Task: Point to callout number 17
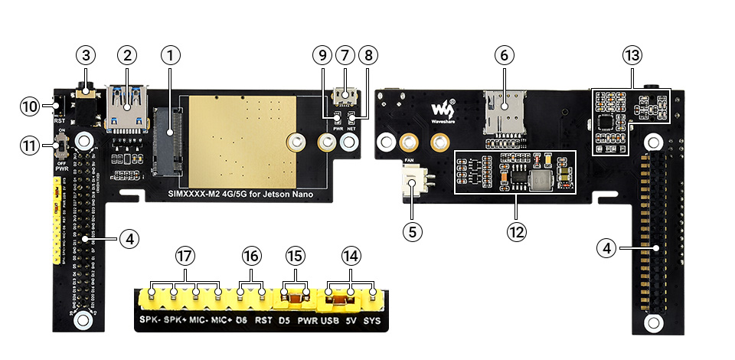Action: coord(185,256)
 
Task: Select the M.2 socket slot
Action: coord(168,142)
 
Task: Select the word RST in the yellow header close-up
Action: coord(264,319)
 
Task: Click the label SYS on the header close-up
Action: coord(372,319)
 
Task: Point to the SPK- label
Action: coord(149,319)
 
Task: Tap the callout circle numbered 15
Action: coord(295,256)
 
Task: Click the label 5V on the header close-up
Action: coord(351,319)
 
